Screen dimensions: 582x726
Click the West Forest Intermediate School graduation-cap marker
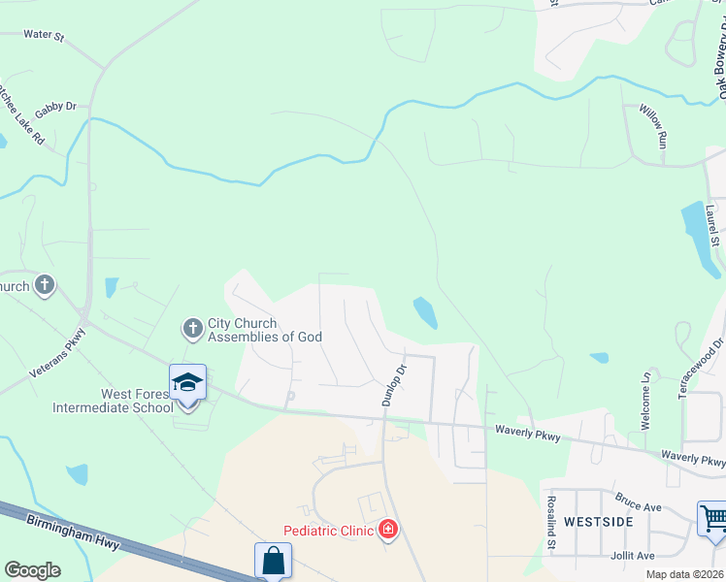[187, 384]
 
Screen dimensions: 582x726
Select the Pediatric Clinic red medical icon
[387, 529]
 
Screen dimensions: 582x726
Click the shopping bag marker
[273, 560]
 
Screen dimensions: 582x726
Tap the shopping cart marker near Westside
[713, 519]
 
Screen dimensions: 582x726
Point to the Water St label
[43, 36]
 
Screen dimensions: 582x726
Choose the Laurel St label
[713, 225]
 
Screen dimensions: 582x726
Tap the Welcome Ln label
[646, 389]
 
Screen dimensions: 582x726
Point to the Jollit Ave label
[633, 555]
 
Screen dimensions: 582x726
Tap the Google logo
[33, 569]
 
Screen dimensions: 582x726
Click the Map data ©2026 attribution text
[684, 574]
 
